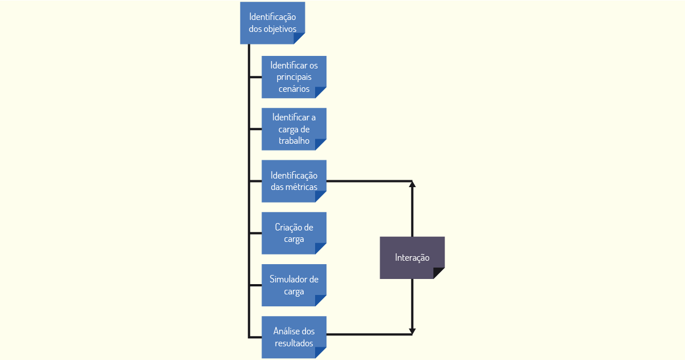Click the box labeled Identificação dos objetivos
(272, 23)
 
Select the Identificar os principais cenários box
(294, 77)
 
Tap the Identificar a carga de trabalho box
(294, 129)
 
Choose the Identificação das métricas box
(294, 181)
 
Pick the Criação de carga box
(294, 233)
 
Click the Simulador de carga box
(294, 285)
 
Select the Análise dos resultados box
(294, 337)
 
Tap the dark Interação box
(412, 258)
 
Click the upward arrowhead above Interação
(412, 184)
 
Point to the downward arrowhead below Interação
(412, 331)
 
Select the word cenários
(294, 89)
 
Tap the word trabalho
(294, 140)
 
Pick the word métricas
(301, 187)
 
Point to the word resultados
(294, 343)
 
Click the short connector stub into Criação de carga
(256, 233)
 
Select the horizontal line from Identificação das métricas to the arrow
(369, 181)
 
